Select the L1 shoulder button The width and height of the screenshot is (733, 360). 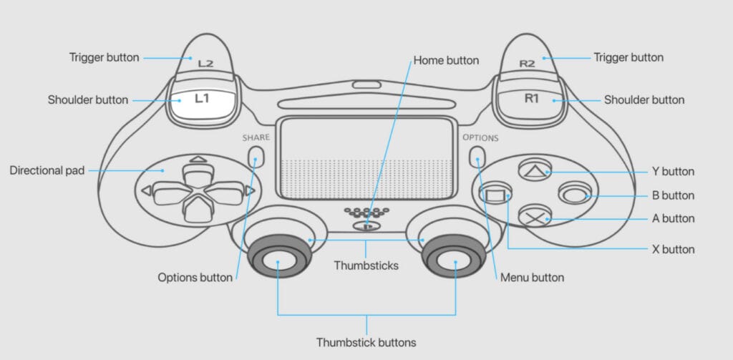pyautogui.click(x=202, y=99)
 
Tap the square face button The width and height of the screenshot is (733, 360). pyautogui.click(x=495, y=193)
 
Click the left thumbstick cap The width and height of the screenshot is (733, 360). pyautogui.click(x=277, y=263)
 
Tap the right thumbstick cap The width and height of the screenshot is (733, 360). pyautogui.click(x=455, y=263)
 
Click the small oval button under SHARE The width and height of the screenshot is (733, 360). pyautogui.click(x=256, y=156)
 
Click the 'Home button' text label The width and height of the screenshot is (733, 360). pyautogui.click(x=446, y=60)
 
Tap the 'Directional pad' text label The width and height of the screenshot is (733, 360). pyautogui.click(x=47, y=170)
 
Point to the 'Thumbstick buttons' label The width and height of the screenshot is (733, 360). pyautogui.click(x=366, y=342)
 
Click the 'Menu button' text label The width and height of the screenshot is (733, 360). pyautogui.click(x=533, y=277)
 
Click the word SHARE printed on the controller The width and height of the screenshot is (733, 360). pyautogui.click(x=256, y=137)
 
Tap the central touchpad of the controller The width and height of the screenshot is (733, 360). pyautogui.click(x=366, y=158)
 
